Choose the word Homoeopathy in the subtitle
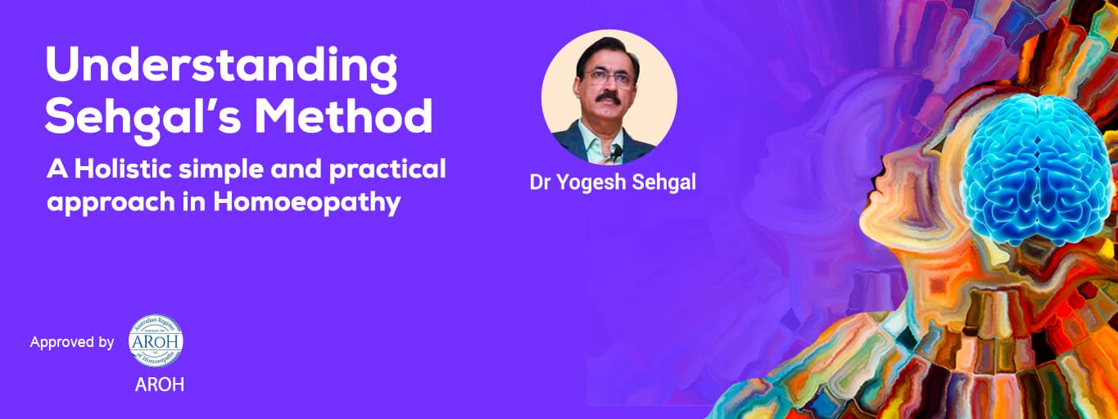click(307, 201)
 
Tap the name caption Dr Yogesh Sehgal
click(613, 182)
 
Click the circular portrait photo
click(609, 97)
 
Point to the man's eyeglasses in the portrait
click(609, 78)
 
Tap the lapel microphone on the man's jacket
click(613, 151)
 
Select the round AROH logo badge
click(156, 340)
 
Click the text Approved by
click(72, 342)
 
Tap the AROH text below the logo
click(159, 385)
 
